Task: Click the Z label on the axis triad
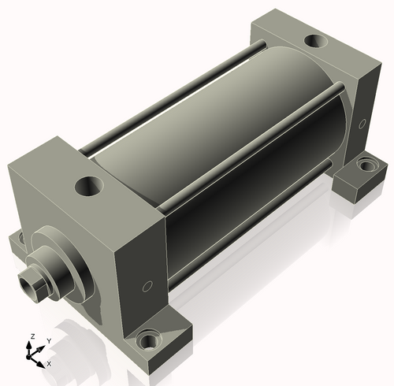(32, 336)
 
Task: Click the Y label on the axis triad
(49, 341)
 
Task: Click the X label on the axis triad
(49, 364)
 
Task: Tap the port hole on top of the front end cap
(89, 186)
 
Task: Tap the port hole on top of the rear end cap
(317, 41)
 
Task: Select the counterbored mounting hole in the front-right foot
(149, 341)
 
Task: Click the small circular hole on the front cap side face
(147, 287)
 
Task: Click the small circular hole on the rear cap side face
(362, 124)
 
